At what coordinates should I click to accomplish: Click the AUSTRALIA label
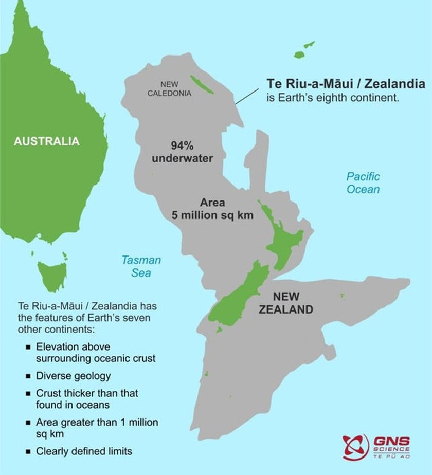point(47,141)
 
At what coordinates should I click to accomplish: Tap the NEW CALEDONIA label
point(169,88)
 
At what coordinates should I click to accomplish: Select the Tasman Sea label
point(141,266)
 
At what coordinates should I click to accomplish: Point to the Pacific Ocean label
point(363,183)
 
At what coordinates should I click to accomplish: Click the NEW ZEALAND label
point(286,303)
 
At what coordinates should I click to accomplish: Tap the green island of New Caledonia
point(202,85)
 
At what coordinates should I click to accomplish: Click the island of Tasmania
point(52,275)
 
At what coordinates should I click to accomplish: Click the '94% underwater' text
point(182,152)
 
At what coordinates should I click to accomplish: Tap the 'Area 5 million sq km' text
point(212,209)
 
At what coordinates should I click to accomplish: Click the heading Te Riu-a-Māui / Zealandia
point(345,83)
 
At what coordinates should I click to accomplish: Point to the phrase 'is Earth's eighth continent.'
point(332,98)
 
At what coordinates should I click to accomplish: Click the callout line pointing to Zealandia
point(247,96)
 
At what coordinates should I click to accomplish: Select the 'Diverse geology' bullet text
point(73,376)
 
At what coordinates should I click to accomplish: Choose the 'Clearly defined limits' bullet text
point(84,451)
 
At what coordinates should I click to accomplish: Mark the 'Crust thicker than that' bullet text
point(87,393)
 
